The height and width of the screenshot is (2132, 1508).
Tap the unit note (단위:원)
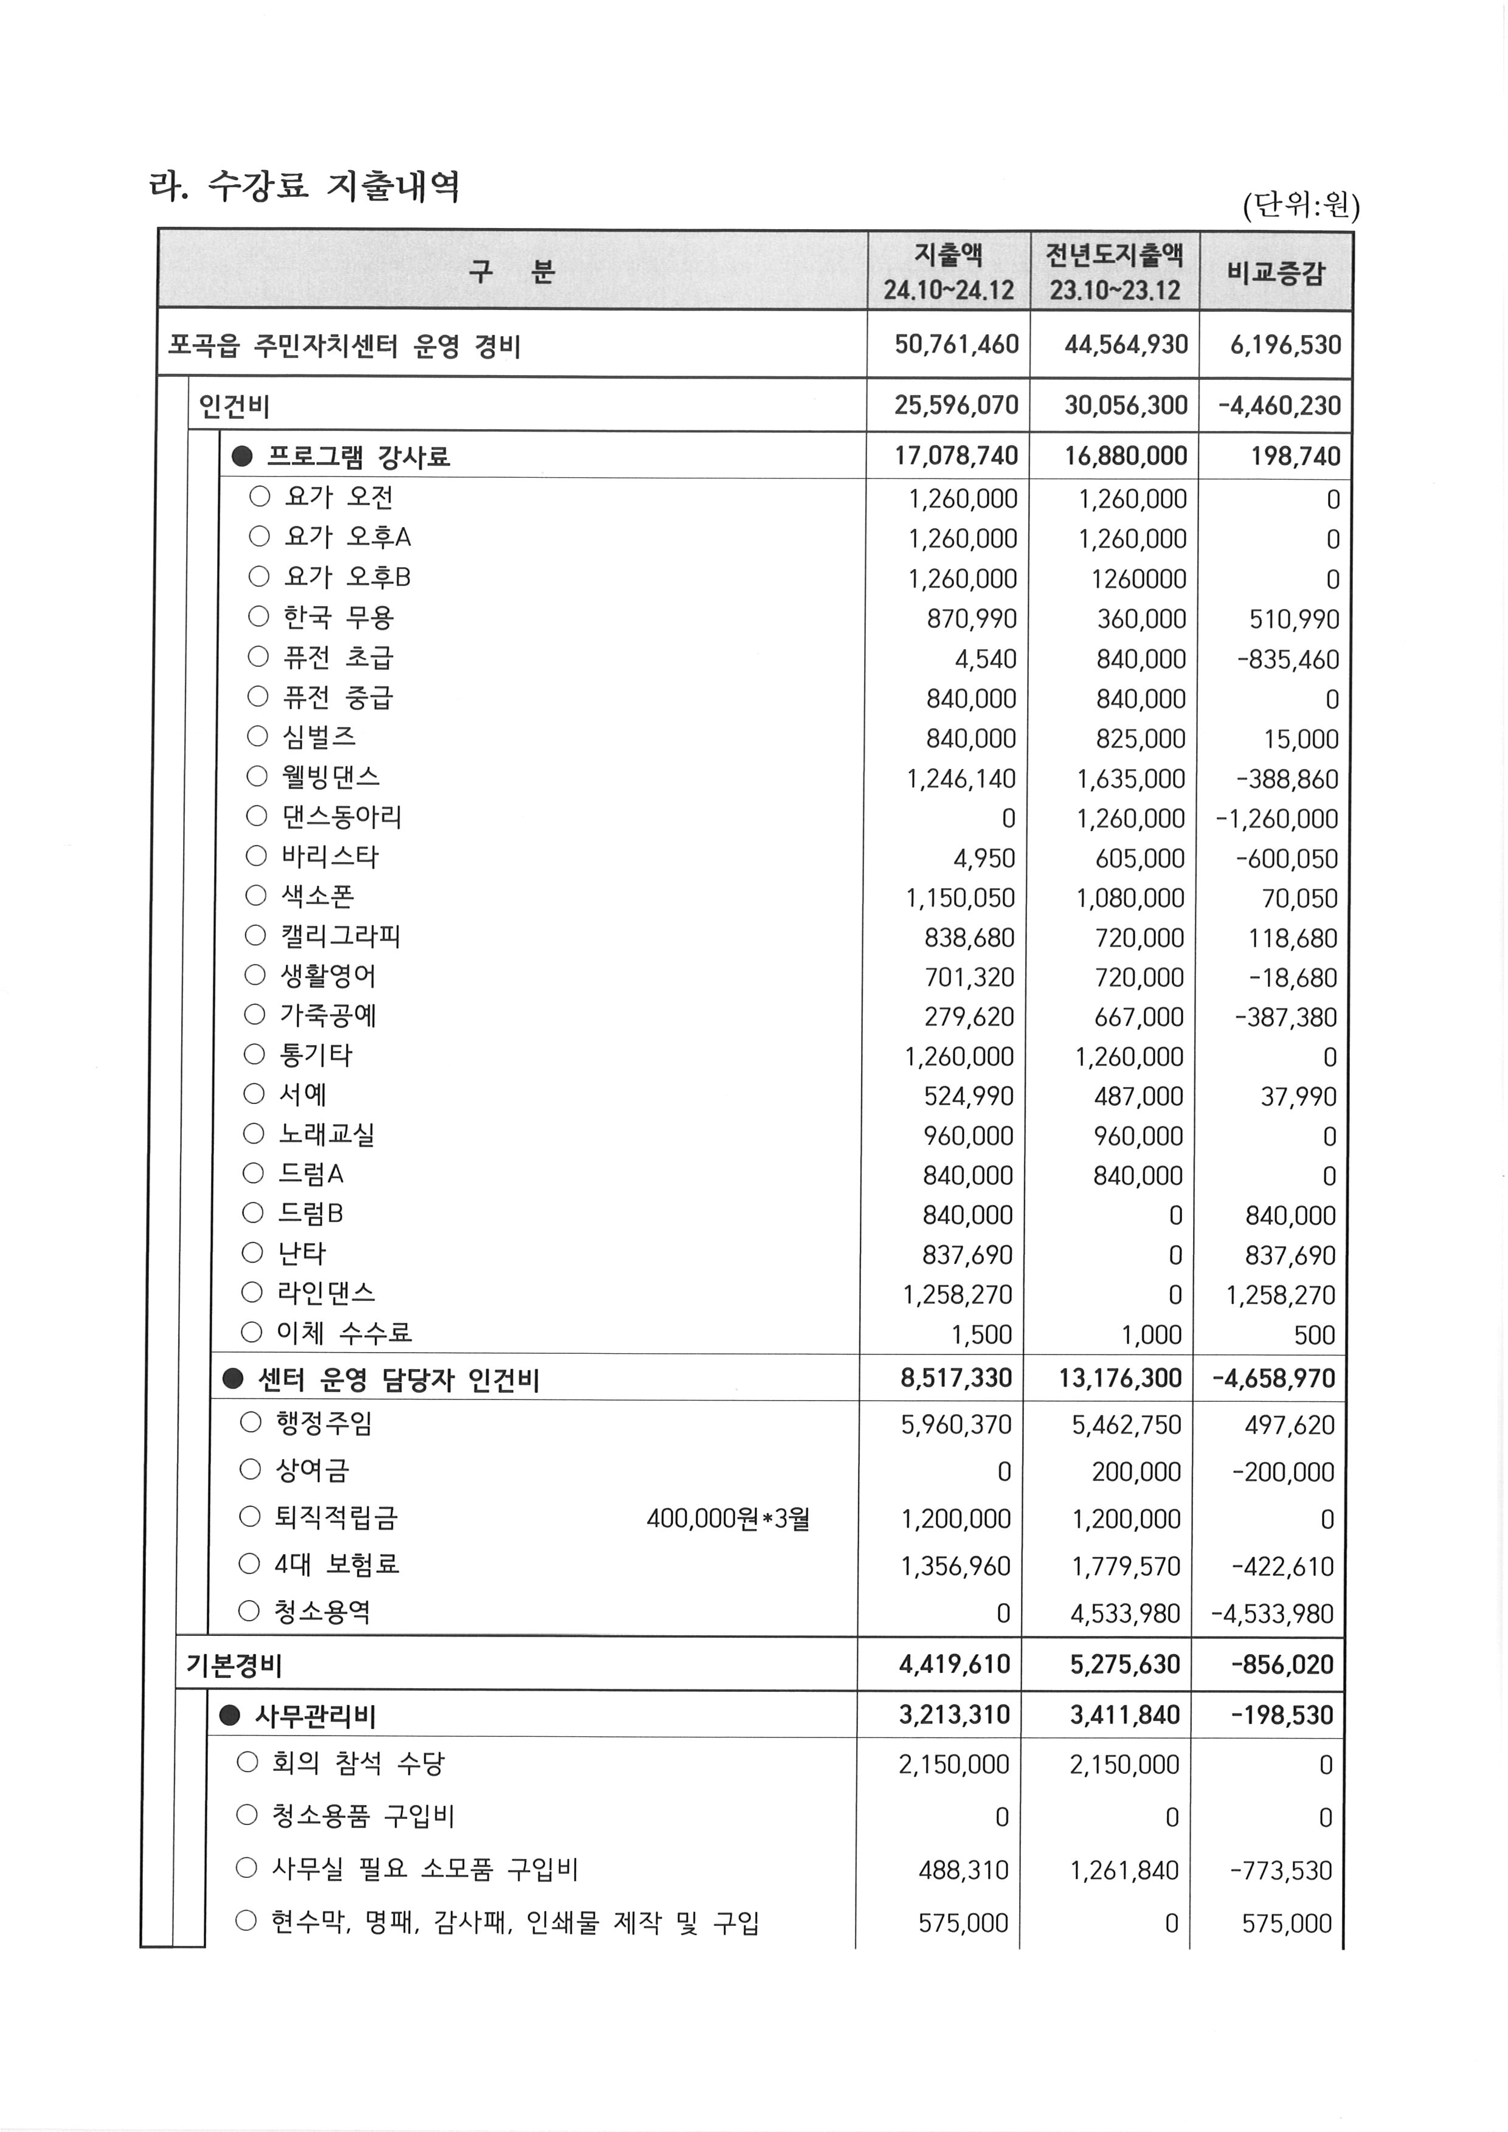(1300, 205)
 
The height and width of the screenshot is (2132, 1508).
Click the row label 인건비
(234, 405)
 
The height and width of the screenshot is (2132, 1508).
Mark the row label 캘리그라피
(340, 936)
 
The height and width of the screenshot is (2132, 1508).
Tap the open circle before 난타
(252, 1254)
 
